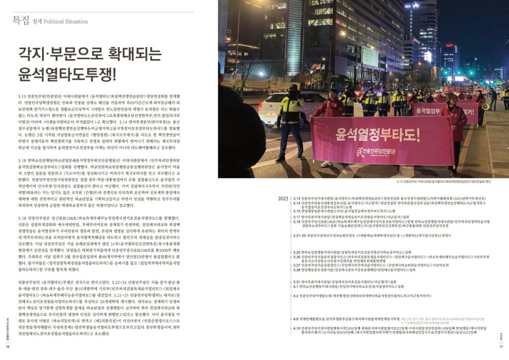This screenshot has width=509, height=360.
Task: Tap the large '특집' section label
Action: (x=21, y=20)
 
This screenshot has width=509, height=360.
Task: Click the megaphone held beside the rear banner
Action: (x=485, y=106)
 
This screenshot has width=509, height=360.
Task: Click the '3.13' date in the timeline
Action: (x=297, y=198)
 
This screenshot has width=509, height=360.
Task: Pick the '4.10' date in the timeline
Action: (x=296, y=328)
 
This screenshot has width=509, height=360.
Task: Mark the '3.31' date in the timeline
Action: (x=297, y=282)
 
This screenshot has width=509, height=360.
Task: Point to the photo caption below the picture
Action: (x=447, y=181)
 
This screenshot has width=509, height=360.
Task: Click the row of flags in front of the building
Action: (x=316, y=67)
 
